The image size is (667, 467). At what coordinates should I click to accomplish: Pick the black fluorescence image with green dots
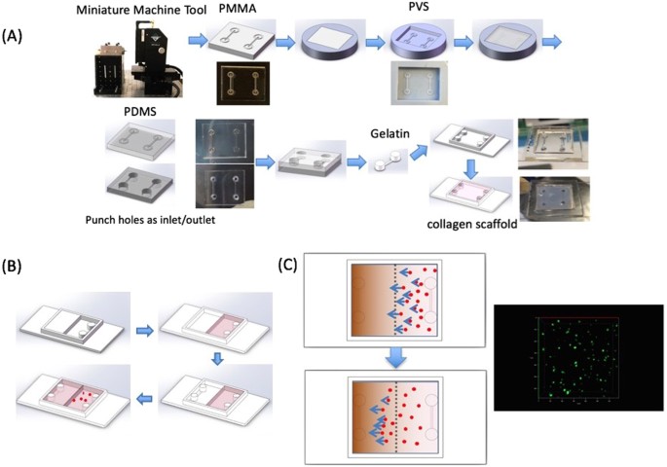coord(578,357)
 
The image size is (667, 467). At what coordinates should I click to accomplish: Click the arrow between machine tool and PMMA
coord(197,42)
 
